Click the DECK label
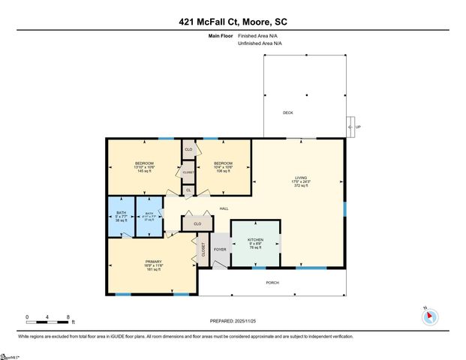click(287, 113)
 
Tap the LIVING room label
click(300, 178)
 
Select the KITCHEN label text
click(256, 240)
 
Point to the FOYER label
click(220, 249)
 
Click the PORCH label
click(273, 283)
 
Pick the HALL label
click(224, 208)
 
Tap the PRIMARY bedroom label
click(153, 262)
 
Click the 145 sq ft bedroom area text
click(144, 172)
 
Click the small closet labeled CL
click(188, 190)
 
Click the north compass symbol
click(429, 316)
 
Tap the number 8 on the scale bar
click(68, 317)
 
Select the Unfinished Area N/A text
click(260, 43)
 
